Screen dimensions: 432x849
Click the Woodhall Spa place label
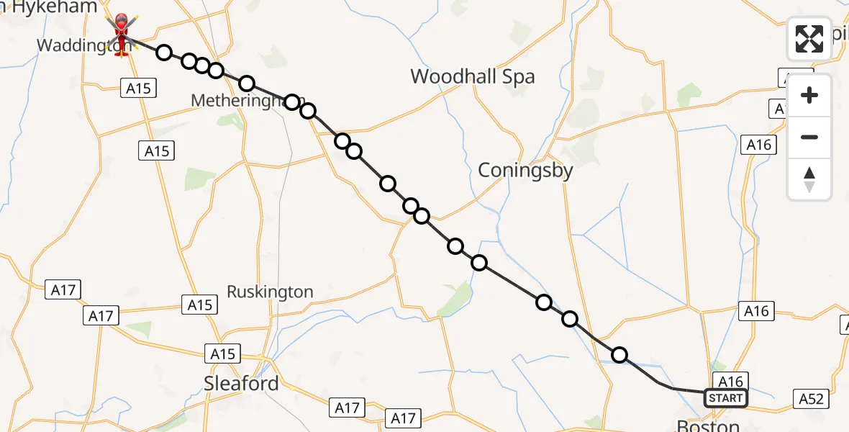point(473,76)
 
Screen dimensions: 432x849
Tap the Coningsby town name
point(526,171)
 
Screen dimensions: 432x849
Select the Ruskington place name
point(270,292)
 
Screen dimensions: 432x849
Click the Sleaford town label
point(241,384)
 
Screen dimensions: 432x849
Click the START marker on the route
point(725,398)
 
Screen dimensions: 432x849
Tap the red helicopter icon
point(121,32)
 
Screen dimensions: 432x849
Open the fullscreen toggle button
point(809,38)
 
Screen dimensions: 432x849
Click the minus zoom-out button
point(809,137)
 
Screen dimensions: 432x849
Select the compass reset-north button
point(809,179)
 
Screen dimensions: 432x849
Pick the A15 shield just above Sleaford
point(222,354)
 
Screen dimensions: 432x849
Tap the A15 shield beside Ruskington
point(199,305)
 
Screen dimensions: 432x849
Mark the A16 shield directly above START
point(730,382)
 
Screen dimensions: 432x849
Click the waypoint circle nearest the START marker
point(619,354)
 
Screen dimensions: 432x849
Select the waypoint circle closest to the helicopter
point(164,52)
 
